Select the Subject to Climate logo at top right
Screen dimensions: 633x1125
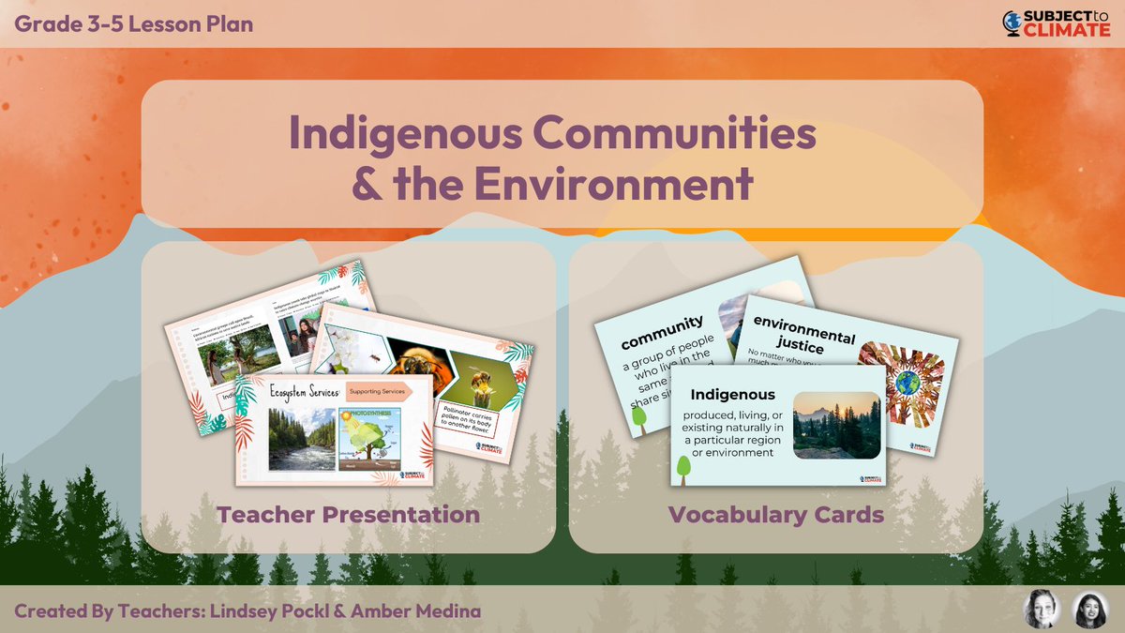click(1057, 23)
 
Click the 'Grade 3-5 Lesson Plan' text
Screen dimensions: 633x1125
click(134, 23)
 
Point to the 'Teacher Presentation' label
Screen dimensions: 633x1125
click(348, 514)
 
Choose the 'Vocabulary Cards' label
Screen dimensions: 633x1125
click(775, 514)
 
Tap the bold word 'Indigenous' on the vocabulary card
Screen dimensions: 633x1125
click(733, 394)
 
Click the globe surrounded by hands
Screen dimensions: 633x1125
click(907, 384)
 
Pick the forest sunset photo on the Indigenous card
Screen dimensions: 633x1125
click(836, 425)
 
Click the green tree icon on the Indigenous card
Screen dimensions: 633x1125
click(684, 463)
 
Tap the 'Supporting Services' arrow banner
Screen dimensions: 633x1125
click(383, 394)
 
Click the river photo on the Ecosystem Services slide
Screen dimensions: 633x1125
click(301, 438)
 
